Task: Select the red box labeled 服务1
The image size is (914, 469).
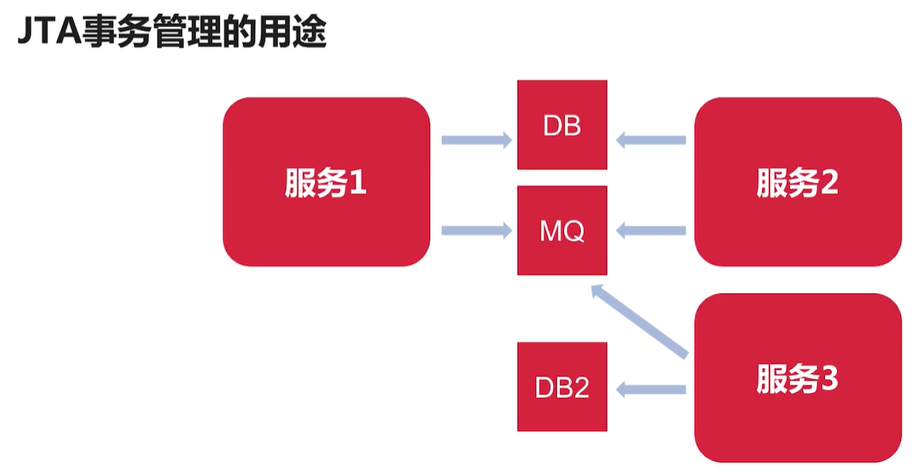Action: click(x=326, y=181)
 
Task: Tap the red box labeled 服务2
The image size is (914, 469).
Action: click(x=798, y=181)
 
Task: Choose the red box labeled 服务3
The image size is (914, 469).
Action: click(x=798, y=378)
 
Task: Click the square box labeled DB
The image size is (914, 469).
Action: click(x=562, y=125)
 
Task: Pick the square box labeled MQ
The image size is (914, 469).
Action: click(x=562, y=230)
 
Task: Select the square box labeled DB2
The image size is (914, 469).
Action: click(x=562, y=387)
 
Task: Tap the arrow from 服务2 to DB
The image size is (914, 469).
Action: click(x=651, y=140)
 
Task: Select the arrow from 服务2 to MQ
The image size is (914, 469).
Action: click(x=651, y=230)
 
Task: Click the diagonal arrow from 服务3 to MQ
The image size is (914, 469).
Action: click(x=639, y=322)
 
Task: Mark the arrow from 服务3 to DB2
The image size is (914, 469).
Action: click(x=651, y=390)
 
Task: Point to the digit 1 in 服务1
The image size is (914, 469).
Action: click(x=357, y=184)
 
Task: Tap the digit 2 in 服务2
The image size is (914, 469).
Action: click(x=829, y=184)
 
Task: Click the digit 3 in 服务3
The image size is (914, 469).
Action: click(x=829, y=380)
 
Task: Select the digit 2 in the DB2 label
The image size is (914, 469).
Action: click(x=581, y=388)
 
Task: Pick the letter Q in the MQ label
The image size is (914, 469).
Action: click(x=574, y=231)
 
